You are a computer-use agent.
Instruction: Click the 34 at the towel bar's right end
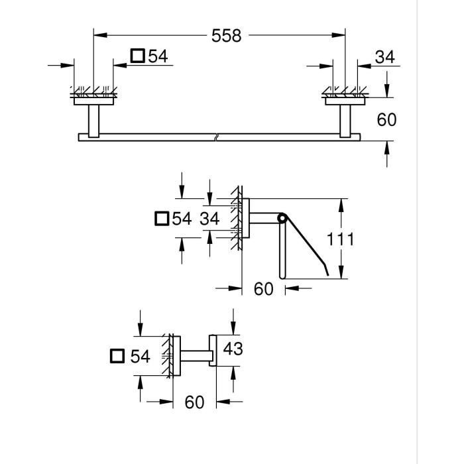pos(384,57)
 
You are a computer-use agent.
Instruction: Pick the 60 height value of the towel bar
pos(386,119)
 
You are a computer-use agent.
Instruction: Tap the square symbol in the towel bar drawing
pos(137,56)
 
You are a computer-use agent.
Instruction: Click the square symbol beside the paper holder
pos(161,219)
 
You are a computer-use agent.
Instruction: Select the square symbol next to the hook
pos(117,357)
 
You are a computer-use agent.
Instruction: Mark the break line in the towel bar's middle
pos(216,137)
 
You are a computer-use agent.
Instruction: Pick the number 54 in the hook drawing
pos(140,357)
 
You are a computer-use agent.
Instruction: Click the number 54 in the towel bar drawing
pos(158,56)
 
